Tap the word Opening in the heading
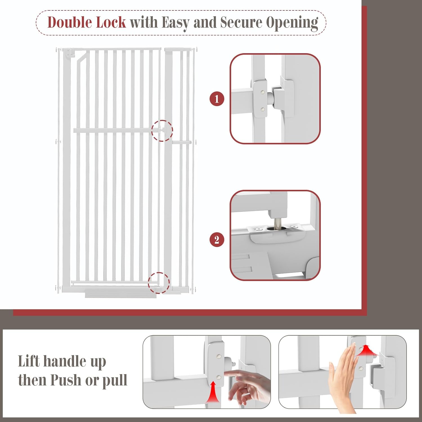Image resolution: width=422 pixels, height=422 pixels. (292, 23)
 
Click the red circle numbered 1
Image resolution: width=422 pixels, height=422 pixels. (217, 99)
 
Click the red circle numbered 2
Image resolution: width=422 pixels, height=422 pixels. (217, 240)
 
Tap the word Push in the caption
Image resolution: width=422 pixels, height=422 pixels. (66, 380)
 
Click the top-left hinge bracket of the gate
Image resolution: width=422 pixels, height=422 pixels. (69, 53)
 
